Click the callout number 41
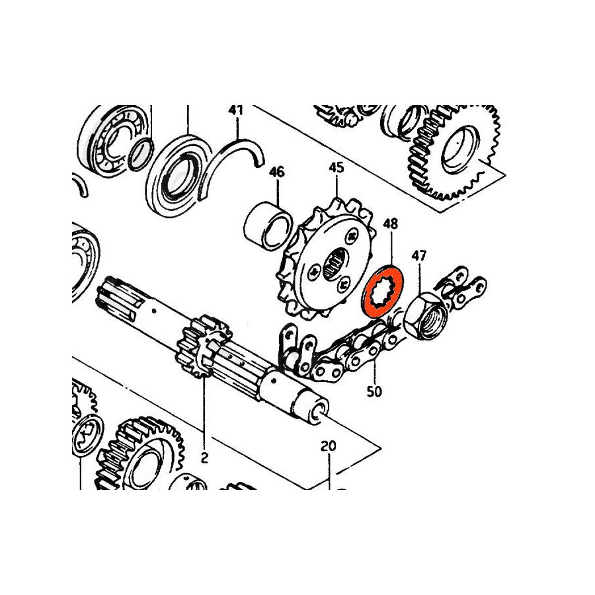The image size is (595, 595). [235, 110]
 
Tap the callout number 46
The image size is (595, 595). [276, 172]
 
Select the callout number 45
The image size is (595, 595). [337, 168]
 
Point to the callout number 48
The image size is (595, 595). [391, 223]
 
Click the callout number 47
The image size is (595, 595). [419, 256]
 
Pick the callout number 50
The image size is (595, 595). [374, 391]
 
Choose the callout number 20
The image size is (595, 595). [328, 446]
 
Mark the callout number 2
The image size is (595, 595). [204, 458]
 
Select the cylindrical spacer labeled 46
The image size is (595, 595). [268, 227]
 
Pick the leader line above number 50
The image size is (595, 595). [375, 372]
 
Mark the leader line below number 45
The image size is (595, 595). [337, 186]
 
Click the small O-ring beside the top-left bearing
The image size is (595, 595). [141, 155]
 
